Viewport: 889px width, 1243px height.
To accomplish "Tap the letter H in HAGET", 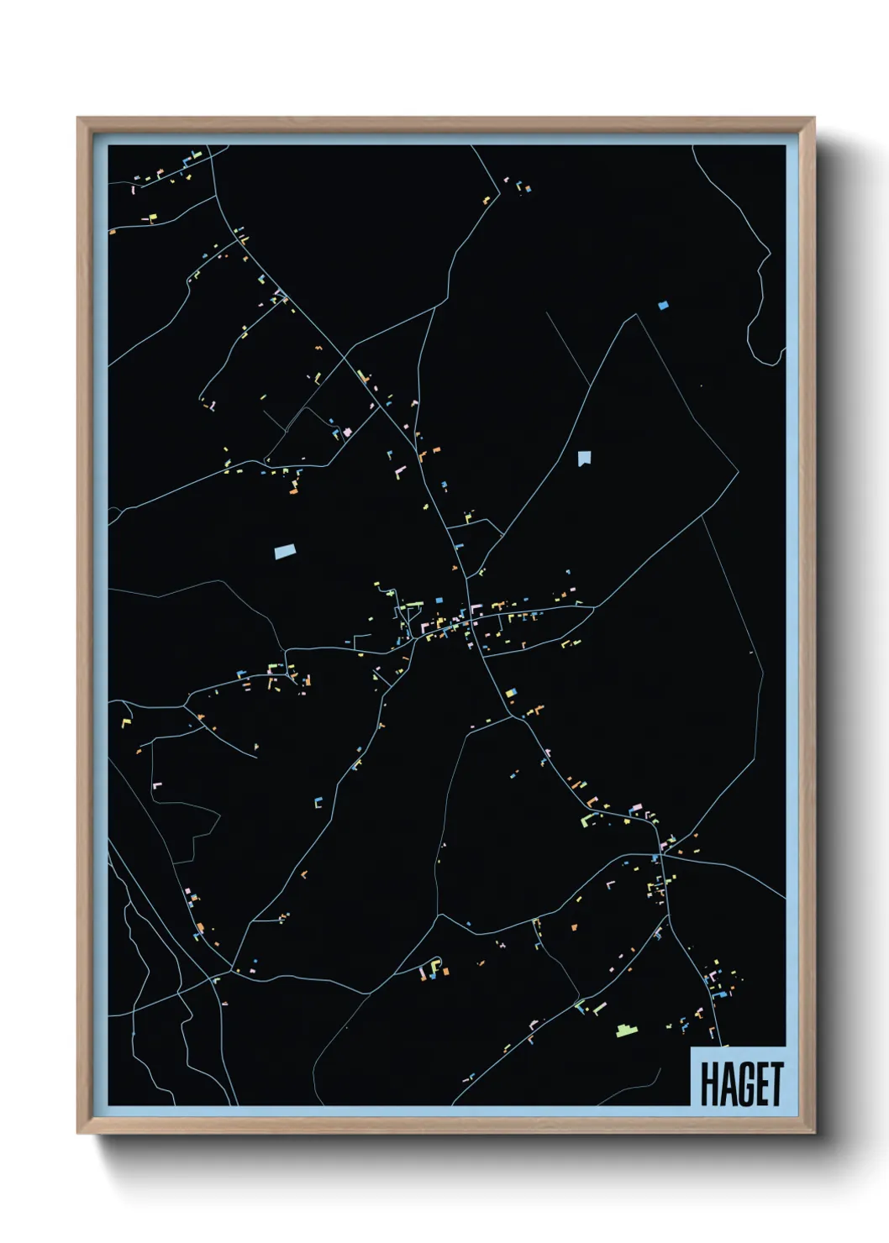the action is tap(709, 1083).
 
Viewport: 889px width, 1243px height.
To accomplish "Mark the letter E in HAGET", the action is tap(760, 1083).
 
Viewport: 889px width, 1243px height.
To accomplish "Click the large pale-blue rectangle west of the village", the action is tap(286, 551).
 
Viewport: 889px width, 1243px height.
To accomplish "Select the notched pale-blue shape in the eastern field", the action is tap(584, 458).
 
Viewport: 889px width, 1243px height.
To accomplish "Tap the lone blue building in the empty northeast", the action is tap(663, 306).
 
